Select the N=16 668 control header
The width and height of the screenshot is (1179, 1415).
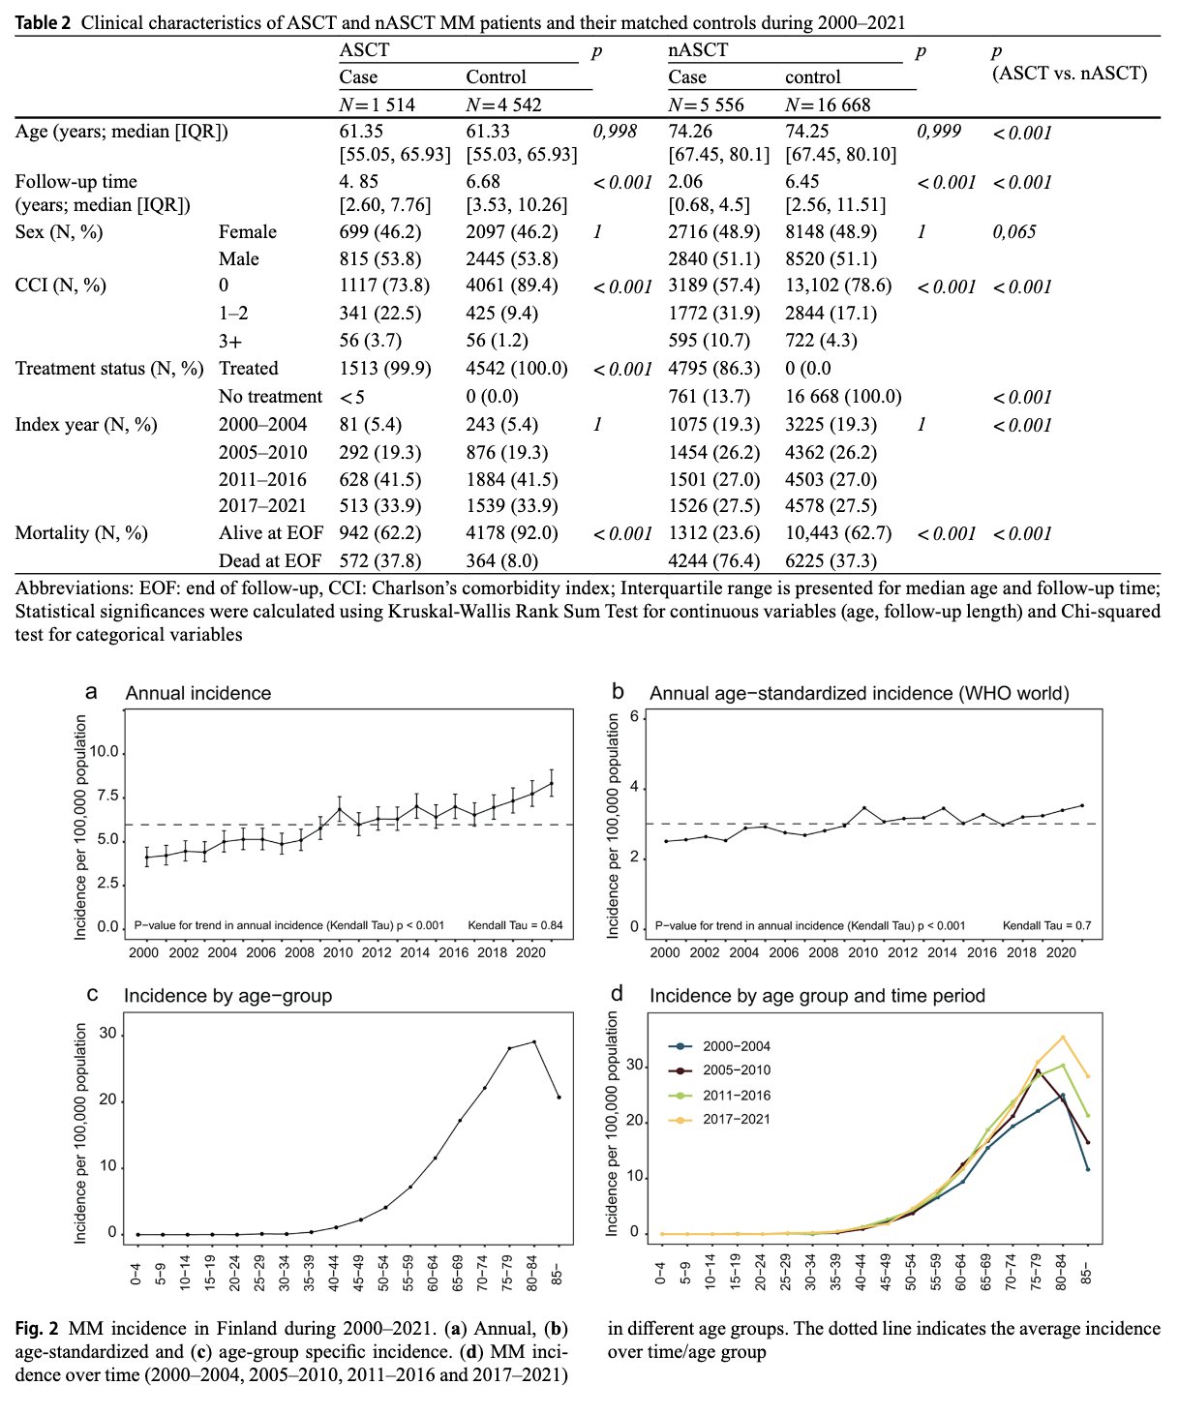click(827, 105)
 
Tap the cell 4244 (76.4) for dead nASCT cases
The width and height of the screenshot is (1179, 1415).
click(714, 560)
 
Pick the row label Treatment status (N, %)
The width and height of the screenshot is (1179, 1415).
click(109, 368)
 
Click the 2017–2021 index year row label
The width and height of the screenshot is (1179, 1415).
click(262, 505)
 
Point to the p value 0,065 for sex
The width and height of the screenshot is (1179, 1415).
click(1014, 231)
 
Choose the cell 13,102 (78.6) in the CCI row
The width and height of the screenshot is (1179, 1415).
click(838, 286)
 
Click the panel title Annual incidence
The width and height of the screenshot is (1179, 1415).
click(198, 693)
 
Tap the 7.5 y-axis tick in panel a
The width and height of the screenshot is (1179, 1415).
click(107, 796)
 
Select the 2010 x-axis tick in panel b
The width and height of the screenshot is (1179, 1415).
click(862, 952)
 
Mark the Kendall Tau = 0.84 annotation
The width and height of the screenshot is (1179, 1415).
click(515, 925)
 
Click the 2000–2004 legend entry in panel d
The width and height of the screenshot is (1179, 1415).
click(719, 1045)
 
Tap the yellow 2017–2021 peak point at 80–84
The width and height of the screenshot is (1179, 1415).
click(1063, 1037)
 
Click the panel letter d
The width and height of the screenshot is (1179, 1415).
click(617, 993)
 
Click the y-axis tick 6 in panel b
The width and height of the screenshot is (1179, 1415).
click(634, 716)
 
